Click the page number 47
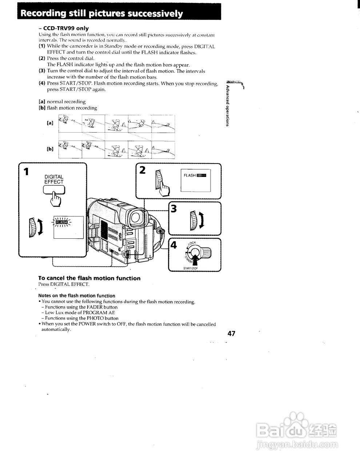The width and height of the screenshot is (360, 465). coord(231,333)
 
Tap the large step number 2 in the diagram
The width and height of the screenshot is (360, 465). coord(143,170)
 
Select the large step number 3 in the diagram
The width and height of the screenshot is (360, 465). coord(174,209)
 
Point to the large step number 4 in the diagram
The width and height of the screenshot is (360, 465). coord(174,245)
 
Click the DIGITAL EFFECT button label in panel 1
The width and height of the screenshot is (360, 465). coord(54,179)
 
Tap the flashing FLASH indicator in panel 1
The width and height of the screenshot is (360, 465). coord(62,222)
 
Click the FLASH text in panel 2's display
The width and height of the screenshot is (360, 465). coord(190,175)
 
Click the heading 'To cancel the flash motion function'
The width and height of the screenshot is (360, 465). coord(89,278)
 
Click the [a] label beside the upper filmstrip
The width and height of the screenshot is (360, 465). coord(50,123)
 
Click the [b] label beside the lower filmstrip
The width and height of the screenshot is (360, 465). coord(50,149)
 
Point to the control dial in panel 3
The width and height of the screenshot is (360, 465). coord(193,220)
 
